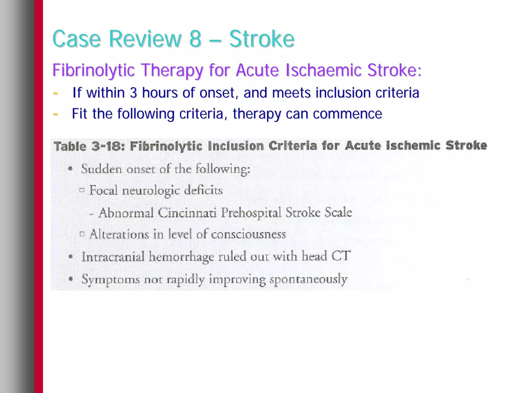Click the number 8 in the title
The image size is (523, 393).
[195, 39]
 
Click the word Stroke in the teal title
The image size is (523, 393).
[262, 39]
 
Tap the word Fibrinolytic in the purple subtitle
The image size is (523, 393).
[93, 70]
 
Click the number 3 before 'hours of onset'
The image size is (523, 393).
[133, 92]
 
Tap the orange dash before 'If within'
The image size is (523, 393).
[55, 93]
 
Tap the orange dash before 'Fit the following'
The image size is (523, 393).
[55, 114]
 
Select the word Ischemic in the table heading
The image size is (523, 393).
[413, 145]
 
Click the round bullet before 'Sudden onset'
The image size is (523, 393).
[71, 169]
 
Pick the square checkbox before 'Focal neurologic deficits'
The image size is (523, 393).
[82, 190]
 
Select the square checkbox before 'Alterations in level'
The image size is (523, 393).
[82, 234]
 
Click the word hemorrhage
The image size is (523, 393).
[181, 257]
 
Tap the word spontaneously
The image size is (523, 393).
[308, 279]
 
